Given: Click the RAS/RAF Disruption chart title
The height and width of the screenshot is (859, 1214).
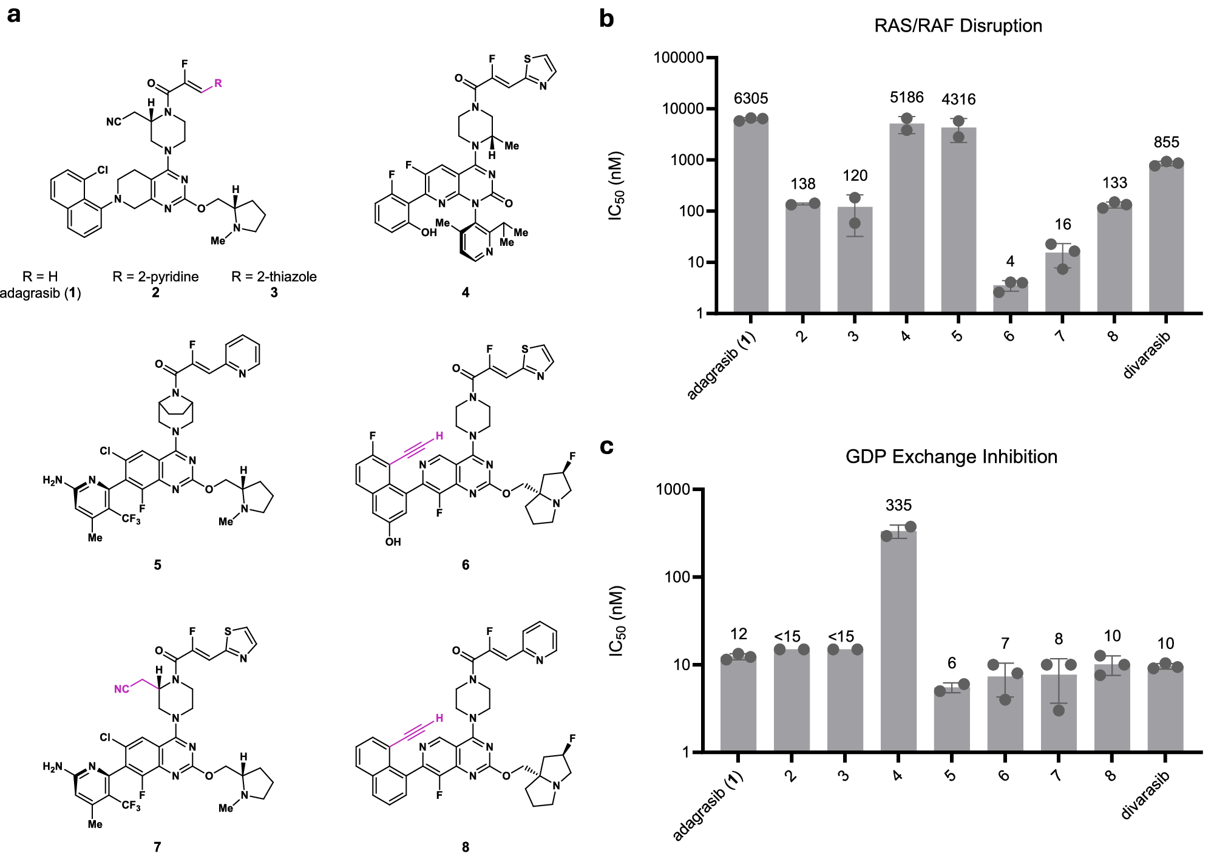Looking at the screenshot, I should pyautogui.click(x=958, y=26).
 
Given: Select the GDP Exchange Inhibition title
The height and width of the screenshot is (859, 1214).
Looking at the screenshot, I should pyautogui.click(x=951, y=457).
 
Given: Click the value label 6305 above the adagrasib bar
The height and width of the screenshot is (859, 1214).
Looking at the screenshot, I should pyautogui.click(x=751, y=98).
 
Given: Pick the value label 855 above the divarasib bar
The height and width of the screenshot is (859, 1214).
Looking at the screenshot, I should pyautogui.click(x=1166, y=142).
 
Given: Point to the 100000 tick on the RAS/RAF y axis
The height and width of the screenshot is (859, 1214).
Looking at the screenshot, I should pyautogui.click(x=678, y=58).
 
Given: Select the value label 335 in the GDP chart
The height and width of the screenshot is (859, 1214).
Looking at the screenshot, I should pyautogui.click(x=898, y=505).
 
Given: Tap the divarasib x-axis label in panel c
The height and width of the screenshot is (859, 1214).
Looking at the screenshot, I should pyautogui.click(x=1145, y=795).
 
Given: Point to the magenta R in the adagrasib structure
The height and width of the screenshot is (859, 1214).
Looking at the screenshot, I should pyautogui.click(x=218, y=83).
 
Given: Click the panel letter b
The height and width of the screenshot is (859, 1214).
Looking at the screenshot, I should pyautogui.click(x=606, y=19).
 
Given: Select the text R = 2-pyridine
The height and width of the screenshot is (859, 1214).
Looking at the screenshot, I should pyautogui.click(x=155, y=277).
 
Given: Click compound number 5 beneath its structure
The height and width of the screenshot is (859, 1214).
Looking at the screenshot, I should pyautogui.click(x=157, y=565).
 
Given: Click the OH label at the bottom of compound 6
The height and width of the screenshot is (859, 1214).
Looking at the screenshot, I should pyautogui.click(x=393, y=542).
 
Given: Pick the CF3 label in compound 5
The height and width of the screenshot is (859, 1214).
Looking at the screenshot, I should pyautogui.click(x=131, y=519).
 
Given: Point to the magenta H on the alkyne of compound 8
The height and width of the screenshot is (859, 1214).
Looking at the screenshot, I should pyautogui.click(x=439, y=718).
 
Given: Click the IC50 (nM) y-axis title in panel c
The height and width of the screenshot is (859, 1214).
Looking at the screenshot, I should pyautogui.click(x=616, y=620).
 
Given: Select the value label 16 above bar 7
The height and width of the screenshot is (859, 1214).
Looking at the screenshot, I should pyautogui.click(x=1062, y=225).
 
